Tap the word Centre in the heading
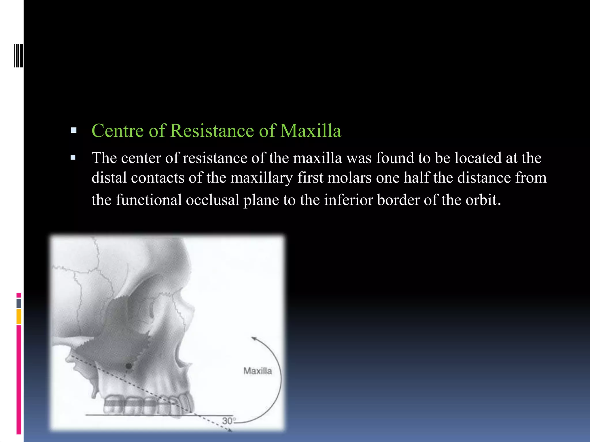point(118,131)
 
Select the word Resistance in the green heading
point(212,131)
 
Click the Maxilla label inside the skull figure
point(258,371)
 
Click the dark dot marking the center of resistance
point(129,366)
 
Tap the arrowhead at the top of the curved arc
point(254,338)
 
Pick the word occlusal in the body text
point(212,200)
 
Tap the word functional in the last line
point(149,200)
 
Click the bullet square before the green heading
point(73,130)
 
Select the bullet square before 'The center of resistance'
point(73,158)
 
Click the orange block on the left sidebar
point(19,317)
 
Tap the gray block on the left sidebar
point(19,303)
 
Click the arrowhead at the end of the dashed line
point(230,430)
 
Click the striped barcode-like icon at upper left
point(19,56)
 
